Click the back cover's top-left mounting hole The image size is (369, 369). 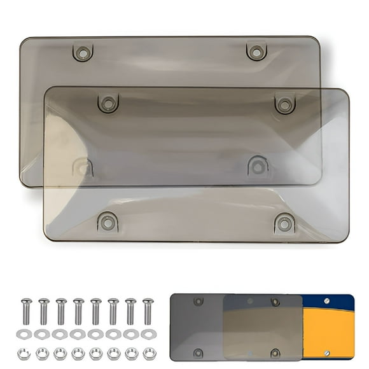click(83, 52)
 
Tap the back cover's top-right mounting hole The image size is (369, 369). click(256, 52)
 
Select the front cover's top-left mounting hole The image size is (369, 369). click(108, 103)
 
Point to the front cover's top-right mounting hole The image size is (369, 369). click(284, 104)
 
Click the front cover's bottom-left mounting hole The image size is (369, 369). click(108, 223)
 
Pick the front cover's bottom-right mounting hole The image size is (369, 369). click(284, 223)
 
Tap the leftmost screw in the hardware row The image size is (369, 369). click(26, 311)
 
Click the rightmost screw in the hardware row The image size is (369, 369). click(148, 311)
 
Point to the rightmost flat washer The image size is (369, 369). click(148, 334)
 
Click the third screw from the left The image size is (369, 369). click(61, 311)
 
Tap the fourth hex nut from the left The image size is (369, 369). click(78, 353)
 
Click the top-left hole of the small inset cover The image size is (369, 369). click(198, 301)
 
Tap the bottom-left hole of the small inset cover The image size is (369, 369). click(198, 352)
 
